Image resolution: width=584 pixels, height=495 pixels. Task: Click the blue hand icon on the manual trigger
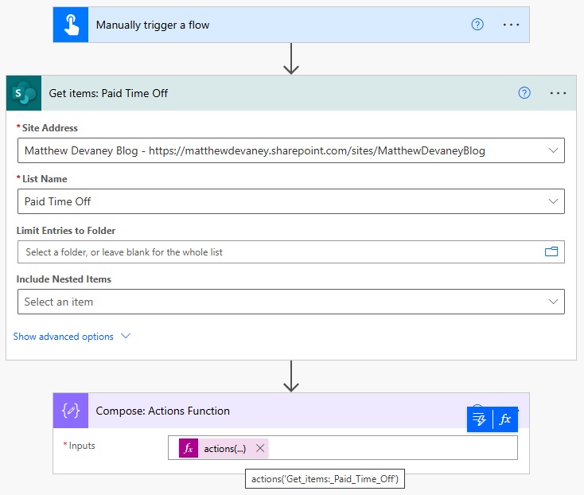click(x=71, y=25)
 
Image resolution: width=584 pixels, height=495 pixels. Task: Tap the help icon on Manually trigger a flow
click(x=477, y=25)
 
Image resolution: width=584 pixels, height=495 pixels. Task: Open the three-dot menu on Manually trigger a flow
click(x=511, y=25)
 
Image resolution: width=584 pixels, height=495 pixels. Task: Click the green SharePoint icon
click(x=24, y=93)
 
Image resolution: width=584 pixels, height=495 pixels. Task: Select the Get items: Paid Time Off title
click(x=108, y=93)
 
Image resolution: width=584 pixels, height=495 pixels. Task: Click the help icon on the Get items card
click(x=524, y=93)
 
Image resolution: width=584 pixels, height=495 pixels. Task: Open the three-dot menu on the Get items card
click(x=558, y=93)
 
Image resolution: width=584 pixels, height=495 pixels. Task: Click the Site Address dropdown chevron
click(x=554, y=150)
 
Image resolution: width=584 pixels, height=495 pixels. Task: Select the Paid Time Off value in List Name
click(x=57, y=201)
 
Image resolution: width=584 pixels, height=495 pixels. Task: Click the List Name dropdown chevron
click(x=554, y=201)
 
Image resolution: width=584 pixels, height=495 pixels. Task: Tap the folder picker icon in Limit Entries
click(x=551, y=251)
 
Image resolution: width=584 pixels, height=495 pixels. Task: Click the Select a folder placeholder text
click(x=124, y=252)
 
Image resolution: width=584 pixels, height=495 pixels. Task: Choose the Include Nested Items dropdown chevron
click(x=554, y=302)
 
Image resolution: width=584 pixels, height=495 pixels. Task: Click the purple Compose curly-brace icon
click(x=71, y=411)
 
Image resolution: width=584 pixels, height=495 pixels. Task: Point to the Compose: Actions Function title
click(x=163, y=411)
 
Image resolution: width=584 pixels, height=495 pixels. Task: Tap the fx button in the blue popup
click(x=505, y=419)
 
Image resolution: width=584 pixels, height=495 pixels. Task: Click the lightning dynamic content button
click(x=479, y=419)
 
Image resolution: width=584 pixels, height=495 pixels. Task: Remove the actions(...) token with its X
click(x=260, y=448)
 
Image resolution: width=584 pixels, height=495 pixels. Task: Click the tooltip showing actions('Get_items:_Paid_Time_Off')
click(x=325, y=479)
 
